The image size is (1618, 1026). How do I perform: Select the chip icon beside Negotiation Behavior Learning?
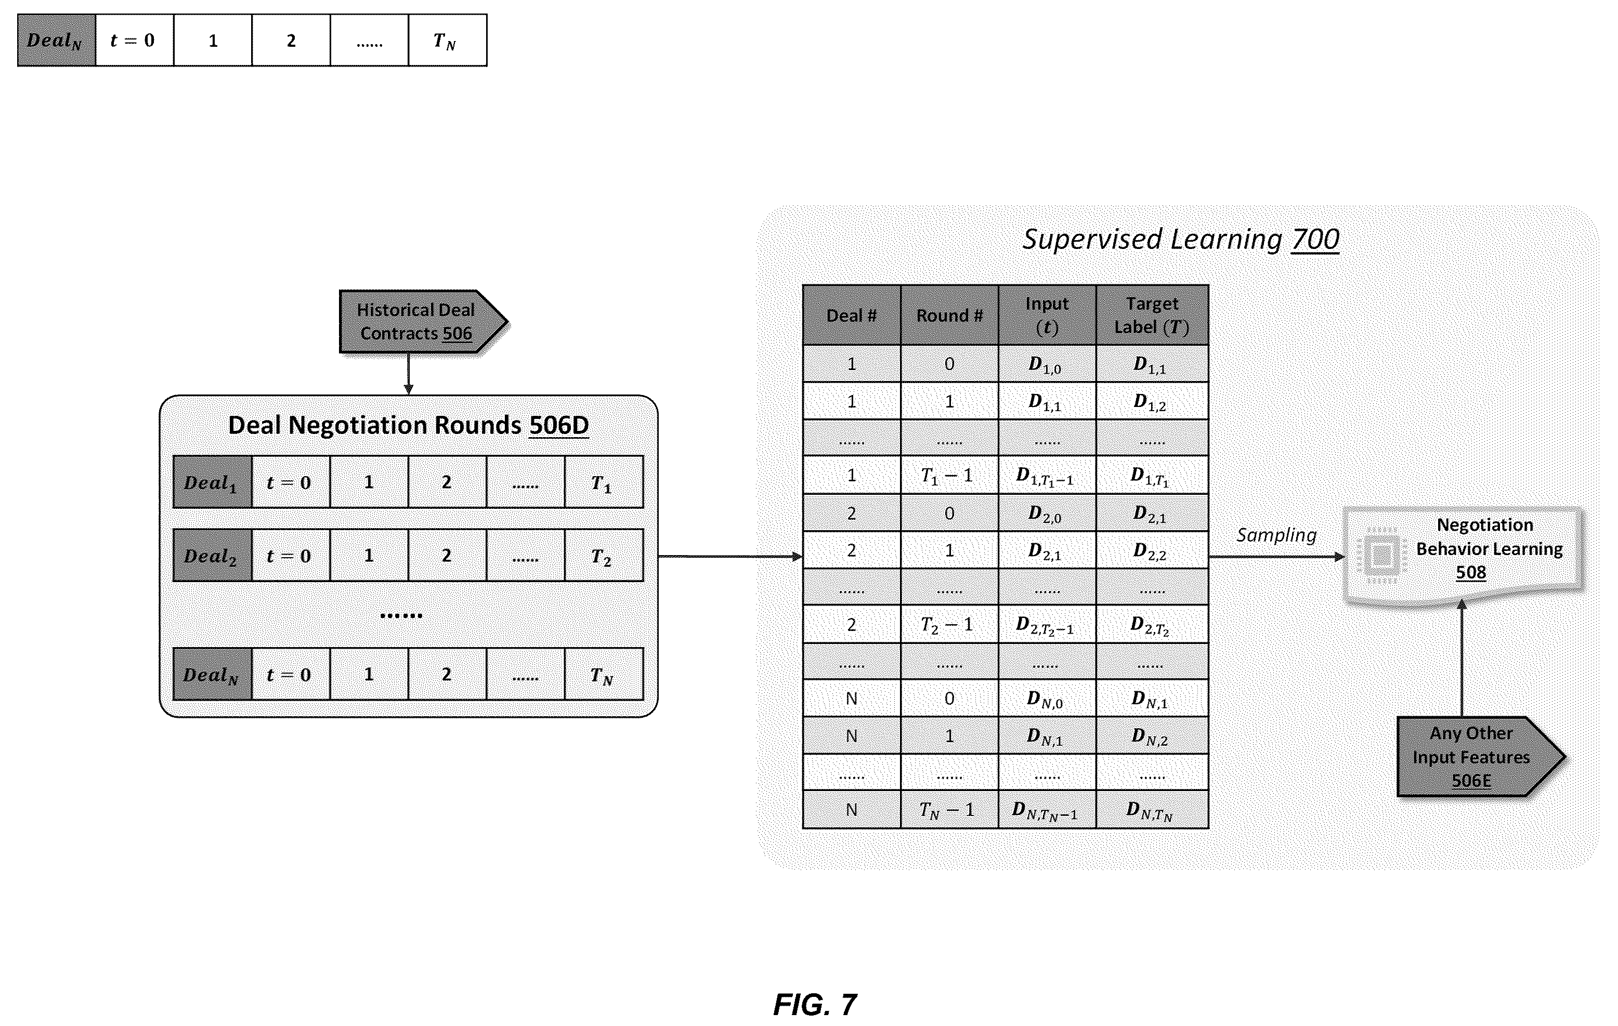[x=1381, y=555]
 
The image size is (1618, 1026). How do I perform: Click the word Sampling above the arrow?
[x=1276, y=535]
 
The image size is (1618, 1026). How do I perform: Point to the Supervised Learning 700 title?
[x=1181, y=239]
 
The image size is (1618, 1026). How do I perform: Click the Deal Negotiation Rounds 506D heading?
[x=409, y=425]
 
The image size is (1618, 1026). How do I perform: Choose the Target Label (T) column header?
[x=1152, y=315]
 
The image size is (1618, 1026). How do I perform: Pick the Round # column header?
[x=949, y=315]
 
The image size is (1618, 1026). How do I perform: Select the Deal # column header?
[x=851, y=315]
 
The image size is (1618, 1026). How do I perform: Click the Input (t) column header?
[x=1047, y=315]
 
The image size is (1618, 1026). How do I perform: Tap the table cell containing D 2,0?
[x=1047, y=514]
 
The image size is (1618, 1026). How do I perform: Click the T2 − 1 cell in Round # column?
[x=949, y=625]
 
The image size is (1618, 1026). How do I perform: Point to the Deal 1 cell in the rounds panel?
[x=212, y=482]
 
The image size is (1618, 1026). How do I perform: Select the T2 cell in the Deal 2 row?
[x=604, y=555]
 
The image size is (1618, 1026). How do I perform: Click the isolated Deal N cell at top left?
[x=57, y=41]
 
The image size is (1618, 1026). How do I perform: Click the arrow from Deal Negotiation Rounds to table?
[x=730, y=556]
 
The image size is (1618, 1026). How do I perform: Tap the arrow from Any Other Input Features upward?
[x=1462, y=658]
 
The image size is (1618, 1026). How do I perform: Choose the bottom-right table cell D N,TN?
[x=1152, y=810]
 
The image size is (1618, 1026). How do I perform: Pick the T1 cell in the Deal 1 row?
[x=604, y=482]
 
